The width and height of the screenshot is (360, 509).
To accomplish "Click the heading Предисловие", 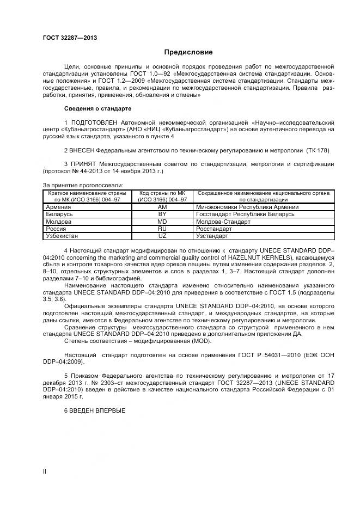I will coord(188,52).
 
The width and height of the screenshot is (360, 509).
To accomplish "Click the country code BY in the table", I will coord(162,214).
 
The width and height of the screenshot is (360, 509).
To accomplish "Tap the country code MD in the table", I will coord(162,222).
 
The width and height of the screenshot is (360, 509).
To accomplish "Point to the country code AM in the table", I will coord(162,207).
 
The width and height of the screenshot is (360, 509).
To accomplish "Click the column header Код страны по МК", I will coord(162,193).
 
